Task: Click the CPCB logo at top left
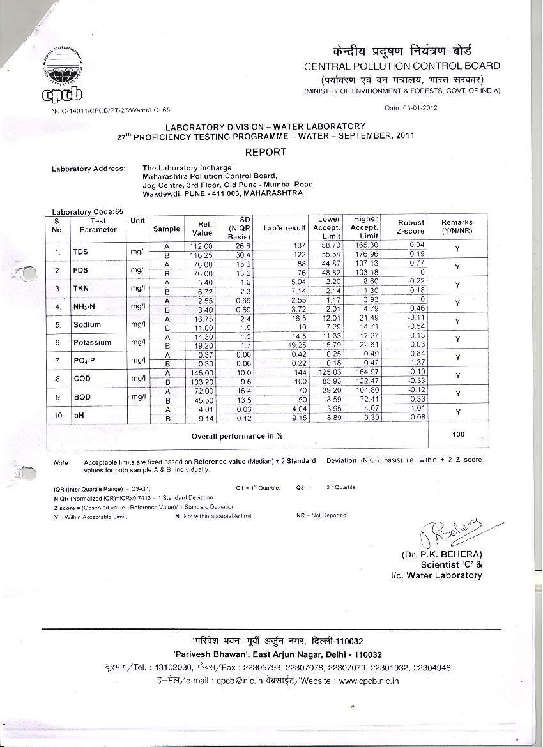[64, 75]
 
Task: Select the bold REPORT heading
[266, 152]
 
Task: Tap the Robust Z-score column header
[410, 227]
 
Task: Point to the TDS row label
[80, 252]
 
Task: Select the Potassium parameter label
[92, 342]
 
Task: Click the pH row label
[79, 416]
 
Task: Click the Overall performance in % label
[237, 436]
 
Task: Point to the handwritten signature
[447, 530]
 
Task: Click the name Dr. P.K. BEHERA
[441, 554]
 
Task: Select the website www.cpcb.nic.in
[369, 681]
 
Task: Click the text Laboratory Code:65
[88, 212]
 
